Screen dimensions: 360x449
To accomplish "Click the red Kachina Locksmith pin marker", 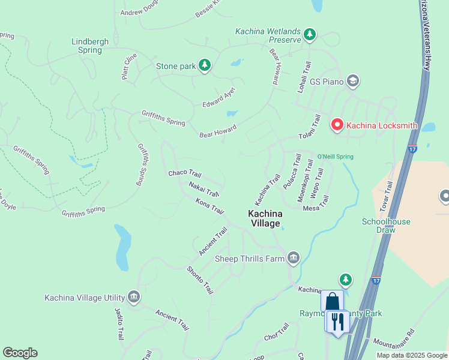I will point(337,124).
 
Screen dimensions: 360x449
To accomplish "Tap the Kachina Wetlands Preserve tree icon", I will point(310,35).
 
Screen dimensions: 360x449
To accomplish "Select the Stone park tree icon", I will point(205,66).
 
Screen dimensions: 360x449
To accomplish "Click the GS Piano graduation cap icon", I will point(353,81).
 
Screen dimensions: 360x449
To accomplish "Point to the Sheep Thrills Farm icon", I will point(293,259).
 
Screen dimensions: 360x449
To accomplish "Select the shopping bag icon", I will point(332,301).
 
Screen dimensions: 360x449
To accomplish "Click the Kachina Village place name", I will point(265,218).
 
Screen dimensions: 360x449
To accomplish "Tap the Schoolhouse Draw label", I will point(386,226).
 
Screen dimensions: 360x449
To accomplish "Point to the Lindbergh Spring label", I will point(90,46).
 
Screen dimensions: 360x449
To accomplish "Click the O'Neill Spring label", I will point(335,157).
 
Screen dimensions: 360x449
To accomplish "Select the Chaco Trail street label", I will point(185,173).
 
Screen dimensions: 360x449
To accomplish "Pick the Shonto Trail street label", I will point(200,280).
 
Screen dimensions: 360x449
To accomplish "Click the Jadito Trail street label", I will point(119,325).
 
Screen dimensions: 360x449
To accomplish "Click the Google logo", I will point(20,353).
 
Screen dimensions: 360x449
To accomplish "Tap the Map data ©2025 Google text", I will point(411,355).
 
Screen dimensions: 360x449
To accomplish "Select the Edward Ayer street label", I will point(218,97).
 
